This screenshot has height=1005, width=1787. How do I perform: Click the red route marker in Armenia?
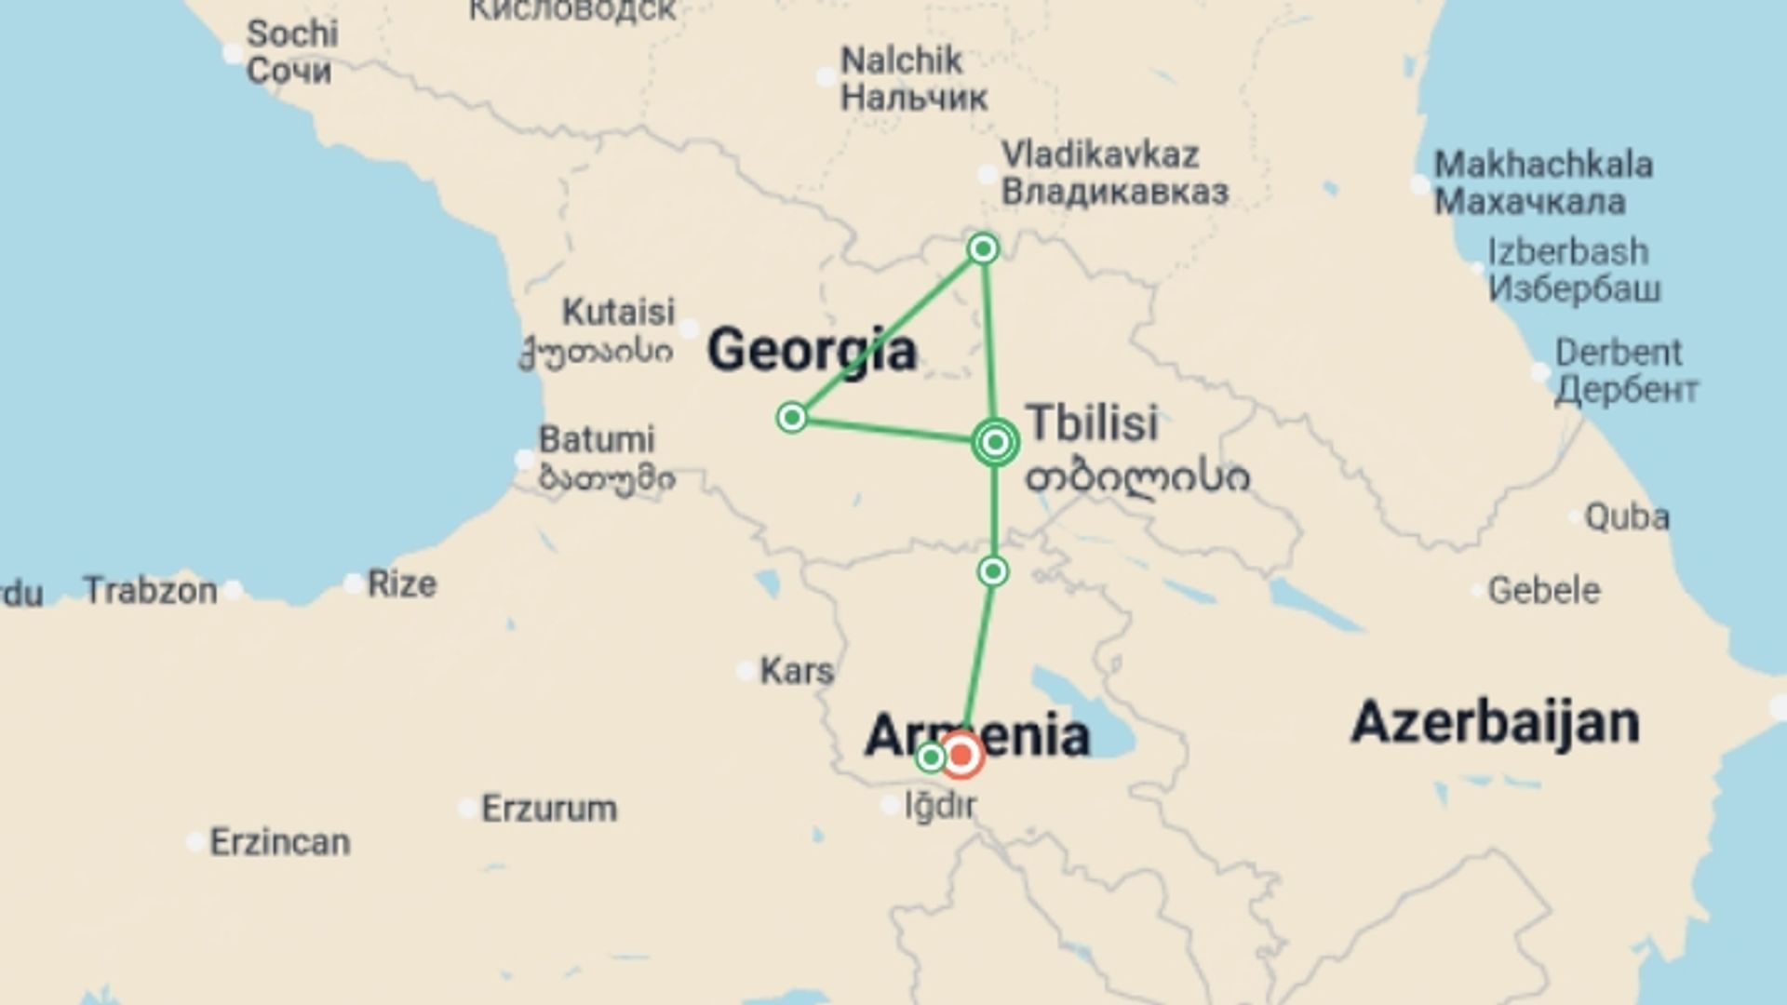[961, 755]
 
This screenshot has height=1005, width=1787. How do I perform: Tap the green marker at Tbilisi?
[995, 442]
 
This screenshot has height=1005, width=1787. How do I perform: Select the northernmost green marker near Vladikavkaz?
[983, 248]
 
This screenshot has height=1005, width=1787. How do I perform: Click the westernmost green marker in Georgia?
[791, 418]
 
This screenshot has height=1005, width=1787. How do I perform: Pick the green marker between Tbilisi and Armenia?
[993, 570]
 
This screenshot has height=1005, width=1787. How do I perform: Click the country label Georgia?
[812, 351]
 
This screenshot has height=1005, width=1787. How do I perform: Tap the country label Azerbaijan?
[1495, 722]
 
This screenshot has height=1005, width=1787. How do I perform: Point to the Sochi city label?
[290, 52]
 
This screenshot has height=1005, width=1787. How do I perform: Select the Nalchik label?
[912, 79]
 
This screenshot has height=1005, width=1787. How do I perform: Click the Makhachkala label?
[1542, 183]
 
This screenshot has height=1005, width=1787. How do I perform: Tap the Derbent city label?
[1625, 371]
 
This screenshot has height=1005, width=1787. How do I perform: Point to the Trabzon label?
[151, 590]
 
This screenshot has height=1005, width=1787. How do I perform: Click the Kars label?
[797, 670]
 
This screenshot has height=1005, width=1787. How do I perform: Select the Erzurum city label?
[548, 808]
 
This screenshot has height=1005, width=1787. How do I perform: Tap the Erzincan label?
[279, 842]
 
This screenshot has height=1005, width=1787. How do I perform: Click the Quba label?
[1626, 516]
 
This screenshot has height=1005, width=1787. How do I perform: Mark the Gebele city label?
[1543, 590]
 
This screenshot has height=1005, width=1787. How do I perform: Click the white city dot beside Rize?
[354, 584]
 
